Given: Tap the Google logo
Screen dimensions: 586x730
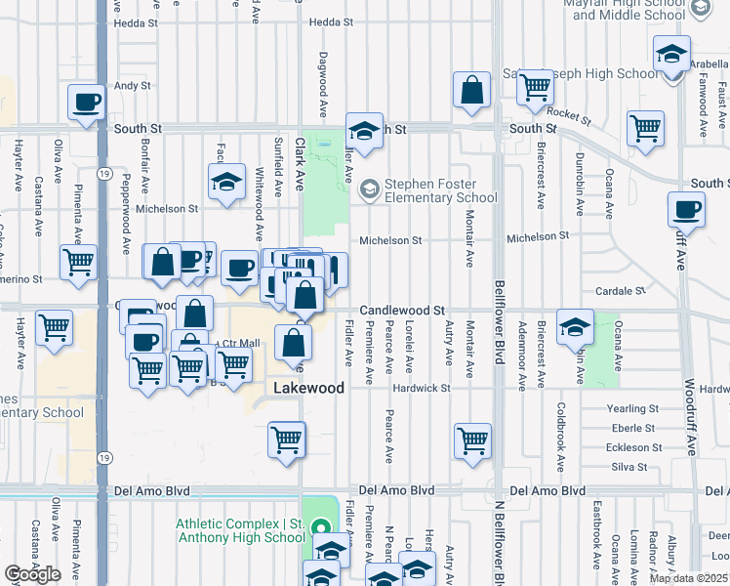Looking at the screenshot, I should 32,574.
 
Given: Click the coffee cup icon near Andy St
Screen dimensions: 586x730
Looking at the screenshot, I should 86,102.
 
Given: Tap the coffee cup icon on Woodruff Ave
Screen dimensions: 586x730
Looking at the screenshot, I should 687,209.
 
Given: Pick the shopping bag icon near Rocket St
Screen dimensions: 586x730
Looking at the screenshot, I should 471,90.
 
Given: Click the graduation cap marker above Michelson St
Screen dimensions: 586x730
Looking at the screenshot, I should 226,181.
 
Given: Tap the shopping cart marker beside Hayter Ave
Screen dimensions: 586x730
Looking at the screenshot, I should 55,328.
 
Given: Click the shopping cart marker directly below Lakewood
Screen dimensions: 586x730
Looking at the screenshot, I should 286,439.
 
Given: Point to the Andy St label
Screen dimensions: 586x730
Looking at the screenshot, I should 132,86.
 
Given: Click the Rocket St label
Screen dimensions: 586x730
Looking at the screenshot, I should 573,118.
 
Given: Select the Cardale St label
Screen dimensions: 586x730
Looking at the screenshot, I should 622,291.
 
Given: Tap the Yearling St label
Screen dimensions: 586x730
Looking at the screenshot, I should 627,409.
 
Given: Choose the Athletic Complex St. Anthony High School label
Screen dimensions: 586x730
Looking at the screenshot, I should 241,530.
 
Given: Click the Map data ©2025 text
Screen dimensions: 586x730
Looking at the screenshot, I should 689,578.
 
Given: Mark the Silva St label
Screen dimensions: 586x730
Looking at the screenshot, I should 629,467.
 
